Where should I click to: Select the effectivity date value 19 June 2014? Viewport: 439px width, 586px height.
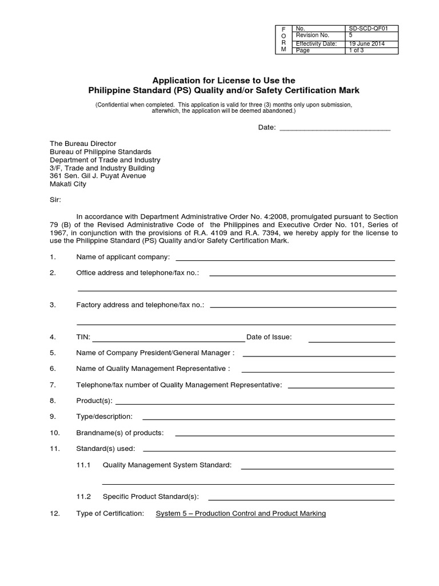click(366, 43)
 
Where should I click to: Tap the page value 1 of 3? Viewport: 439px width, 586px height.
click(358, 50)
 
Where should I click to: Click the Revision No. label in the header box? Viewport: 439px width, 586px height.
click(312, 35)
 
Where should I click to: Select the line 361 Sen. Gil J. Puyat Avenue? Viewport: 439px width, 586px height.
click(98, 176)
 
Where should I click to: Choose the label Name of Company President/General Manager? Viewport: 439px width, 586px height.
click(155, 353)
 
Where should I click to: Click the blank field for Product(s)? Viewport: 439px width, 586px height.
click(255, 401)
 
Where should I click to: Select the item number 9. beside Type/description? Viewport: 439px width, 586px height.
click(53, 417)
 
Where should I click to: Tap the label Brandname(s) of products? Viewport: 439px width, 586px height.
click(120, 433)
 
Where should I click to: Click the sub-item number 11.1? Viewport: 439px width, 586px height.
click(83, 465)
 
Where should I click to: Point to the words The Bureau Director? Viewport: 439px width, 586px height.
click(83, 144)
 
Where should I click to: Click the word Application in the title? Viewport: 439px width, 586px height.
click(174, 81)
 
